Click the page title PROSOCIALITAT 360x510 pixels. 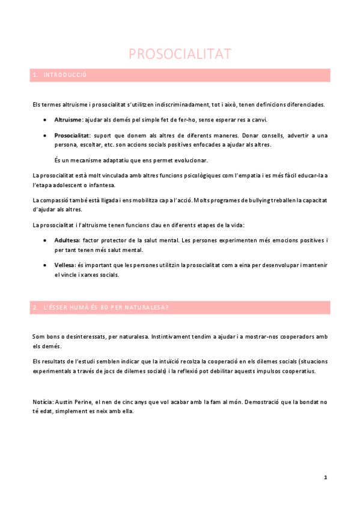click(x=180, y=54)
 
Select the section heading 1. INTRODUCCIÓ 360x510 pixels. click(x=60, y=75)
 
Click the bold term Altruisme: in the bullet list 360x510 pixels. click(x=69, y=120)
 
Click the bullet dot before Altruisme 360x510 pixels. click(x=46, y=120)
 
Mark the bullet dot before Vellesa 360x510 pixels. click(x=46, y=265)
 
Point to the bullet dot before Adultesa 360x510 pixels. click(x=46, y=240)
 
